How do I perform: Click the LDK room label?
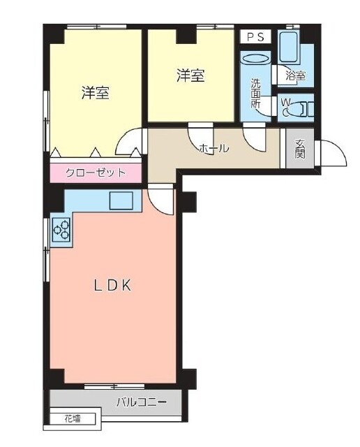(113, 285)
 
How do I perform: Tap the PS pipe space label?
(255, 37)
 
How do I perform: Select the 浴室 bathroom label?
(296, 75)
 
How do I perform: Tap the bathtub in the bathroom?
(289, 47)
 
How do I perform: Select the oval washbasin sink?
(256, 59)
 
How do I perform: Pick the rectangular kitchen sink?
(121, 200)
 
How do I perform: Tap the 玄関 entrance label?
(300, 148)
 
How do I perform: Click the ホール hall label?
(213, 148)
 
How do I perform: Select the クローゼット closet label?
(96, 173)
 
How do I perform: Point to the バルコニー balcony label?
(141, 402)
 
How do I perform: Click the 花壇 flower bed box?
(73, 419)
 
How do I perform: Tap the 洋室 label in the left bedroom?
(96, 92)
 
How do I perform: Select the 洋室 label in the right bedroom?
(190, 75)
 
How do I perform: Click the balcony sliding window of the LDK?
(114, 386)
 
